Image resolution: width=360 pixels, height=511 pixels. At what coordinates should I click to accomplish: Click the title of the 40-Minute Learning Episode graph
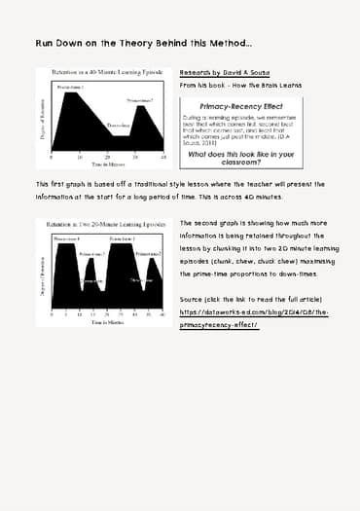coord(107,74)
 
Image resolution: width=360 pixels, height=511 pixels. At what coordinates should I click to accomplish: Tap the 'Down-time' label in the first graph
coord(118,126)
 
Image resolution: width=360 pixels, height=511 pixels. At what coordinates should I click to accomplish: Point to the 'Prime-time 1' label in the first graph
coord(70,88)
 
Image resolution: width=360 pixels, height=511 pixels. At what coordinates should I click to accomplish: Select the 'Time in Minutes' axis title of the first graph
coord(106,165)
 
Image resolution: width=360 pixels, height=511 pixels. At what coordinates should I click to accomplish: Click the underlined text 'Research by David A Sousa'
coord(225,74)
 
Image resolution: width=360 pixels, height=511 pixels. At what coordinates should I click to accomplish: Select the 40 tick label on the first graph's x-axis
coord(162,157)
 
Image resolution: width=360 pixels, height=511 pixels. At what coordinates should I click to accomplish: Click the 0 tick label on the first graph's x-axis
coord(52,157)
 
